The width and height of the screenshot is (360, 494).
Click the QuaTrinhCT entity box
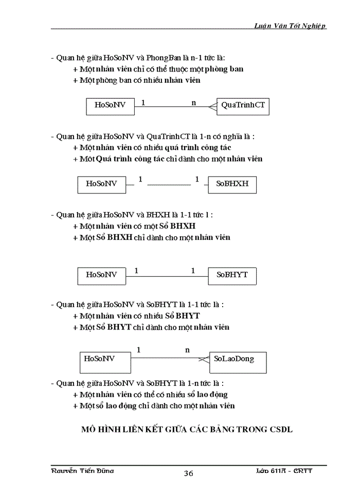point(243,106)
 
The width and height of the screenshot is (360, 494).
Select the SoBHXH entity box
point(232,184)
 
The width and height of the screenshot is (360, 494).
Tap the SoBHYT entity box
point(232,275)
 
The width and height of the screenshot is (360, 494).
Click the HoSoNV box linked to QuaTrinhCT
point(110,106)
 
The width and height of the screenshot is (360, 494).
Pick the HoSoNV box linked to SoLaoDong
point(106,362)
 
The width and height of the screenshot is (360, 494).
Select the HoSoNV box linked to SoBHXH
point(101,184)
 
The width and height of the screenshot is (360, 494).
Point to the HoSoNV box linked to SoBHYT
point(101,275)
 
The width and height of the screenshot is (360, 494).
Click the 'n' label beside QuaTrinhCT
point(194,103)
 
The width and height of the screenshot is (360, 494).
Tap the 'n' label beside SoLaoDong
point(187,350)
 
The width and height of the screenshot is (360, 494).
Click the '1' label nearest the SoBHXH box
point(196,180)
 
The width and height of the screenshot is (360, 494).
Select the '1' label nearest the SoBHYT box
point(193,271)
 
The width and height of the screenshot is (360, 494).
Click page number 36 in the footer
point(188,473)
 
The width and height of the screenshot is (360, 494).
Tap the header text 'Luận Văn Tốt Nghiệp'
point(291,26)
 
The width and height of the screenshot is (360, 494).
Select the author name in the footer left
point(82,471)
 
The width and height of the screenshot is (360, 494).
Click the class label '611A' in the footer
point(279,471)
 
